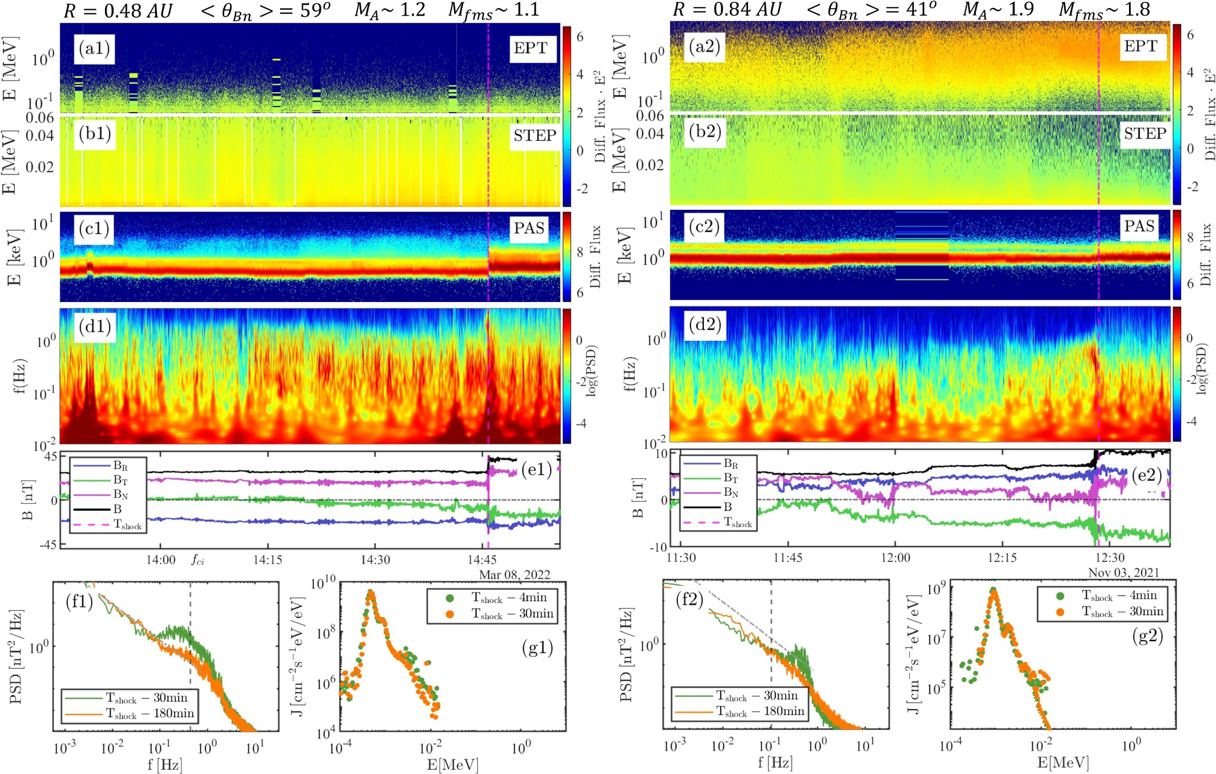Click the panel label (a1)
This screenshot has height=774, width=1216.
tap(95, 48)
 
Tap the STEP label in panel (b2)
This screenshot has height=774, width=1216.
tap(1145, 134)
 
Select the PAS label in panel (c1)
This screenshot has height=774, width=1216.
tap(529, 228)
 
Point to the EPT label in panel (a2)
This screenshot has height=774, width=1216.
tap(1141, 46)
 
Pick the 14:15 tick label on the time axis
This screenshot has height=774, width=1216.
tap(267, 560)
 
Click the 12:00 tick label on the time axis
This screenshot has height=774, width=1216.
tap(895, 558)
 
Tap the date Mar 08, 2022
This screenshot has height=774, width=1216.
tap(514, 575)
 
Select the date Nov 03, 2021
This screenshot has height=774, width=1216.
tap(1124, 573)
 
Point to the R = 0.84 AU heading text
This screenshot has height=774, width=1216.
tap(727, 9)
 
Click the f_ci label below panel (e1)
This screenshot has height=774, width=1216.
tap(198, 561)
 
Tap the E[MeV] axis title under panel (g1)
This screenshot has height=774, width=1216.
tap(453, 765)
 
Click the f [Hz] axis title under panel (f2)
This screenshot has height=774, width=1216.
tap(775, 763)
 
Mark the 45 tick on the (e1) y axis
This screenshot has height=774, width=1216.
tap(51, 456)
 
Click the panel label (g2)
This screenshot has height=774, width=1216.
tap(1148, 635)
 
